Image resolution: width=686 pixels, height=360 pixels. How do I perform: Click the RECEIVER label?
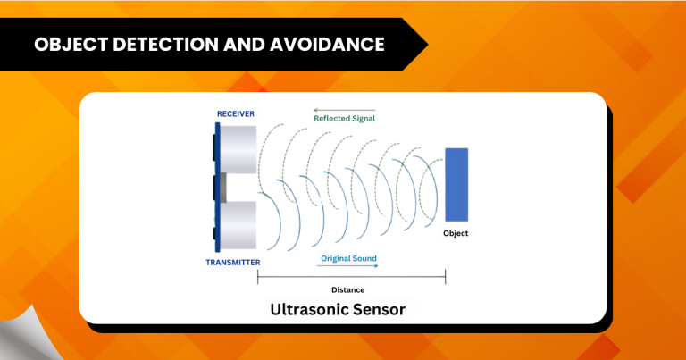click(236, 113)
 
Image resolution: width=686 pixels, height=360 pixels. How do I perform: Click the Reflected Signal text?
click(344, 119)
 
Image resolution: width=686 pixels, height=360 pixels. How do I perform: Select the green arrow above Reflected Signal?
click(344, 110)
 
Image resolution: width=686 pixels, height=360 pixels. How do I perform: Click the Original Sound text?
click(348, 258)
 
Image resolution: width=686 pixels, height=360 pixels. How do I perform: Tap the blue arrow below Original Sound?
click(348, 266)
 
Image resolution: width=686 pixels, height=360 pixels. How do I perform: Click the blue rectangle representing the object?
click(456, 185)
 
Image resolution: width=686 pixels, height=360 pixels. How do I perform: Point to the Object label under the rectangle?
click(456, 233)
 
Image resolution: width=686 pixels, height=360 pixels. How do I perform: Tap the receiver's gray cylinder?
click(238, 149)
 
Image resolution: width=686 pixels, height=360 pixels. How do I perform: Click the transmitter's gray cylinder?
click(238, 224)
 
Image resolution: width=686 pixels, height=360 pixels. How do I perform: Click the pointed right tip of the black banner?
click(427, 43)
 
